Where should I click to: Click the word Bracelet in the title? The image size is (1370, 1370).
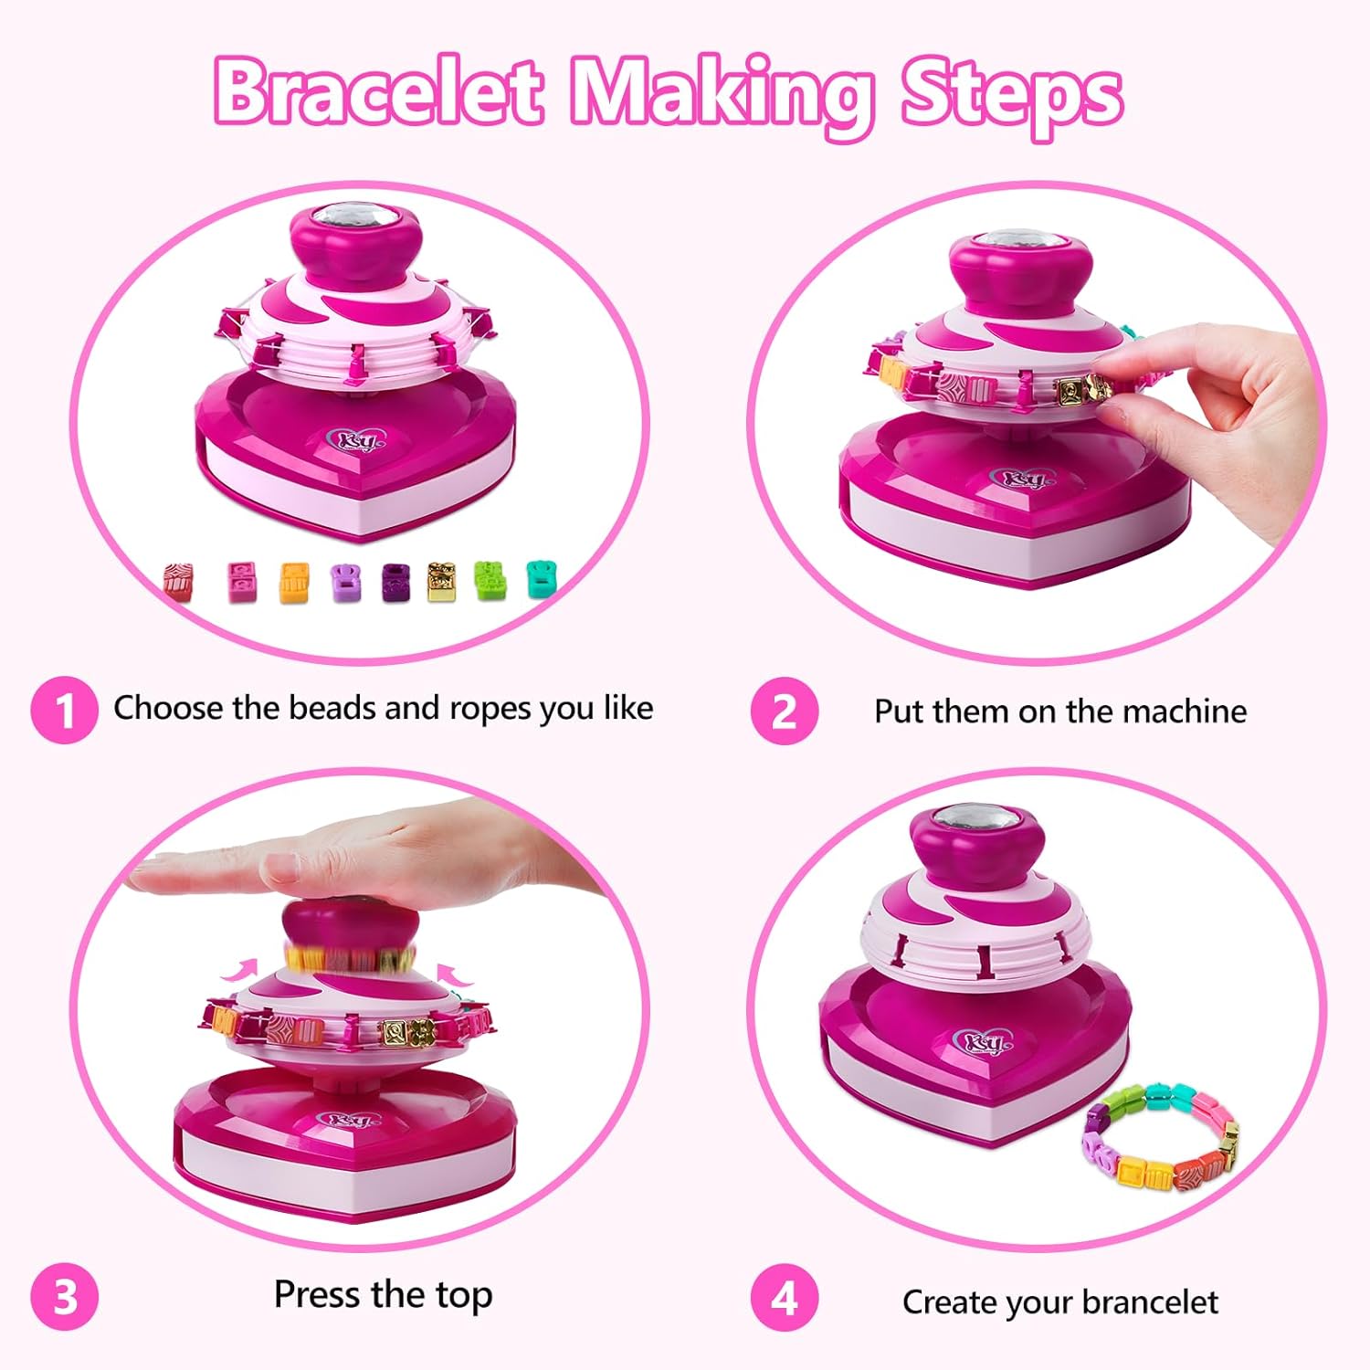click(x=379, y=92)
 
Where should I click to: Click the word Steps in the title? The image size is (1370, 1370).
click(x=1012, y=96)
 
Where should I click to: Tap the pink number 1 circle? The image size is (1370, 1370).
click(x=64, y=710)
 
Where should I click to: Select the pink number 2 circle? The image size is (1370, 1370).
click(x=785, y=711)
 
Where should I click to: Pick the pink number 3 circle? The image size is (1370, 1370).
click(x=64, y=1297)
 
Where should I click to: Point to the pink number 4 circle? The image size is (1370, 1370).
click(x=785, y=1297)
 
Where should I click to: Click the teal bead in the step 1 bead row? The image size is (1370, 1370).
click(x=543, y=578)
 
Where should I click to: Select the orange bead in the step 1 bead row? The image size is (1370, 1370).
click(x=294, y=582)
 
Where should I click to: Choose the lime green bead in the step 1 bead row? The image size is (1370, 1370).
click(x=490, y=581)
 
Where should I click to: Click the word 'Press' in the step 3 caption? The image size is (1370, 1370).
click(x=317, y=1294)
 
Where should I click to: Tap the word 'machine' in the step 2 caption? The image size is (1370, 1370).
click(x=1184, y=711)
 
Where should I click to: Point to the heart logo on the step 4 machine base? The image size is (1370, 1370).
click(x=982, y=1041)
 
